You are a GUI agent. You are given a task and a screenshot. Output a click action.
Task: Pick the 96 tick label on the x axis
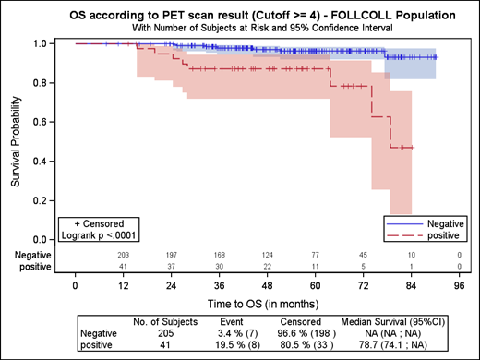point(458,285)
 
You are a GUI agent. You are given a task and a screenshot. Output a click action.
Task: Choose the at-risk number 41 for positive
point(122,266)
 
